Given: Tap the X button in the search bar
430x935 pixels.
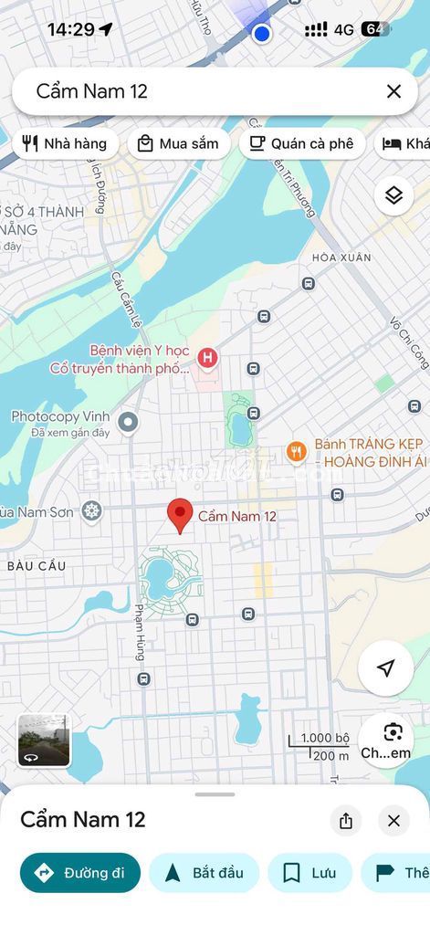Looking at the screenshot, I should (x=393, y=91).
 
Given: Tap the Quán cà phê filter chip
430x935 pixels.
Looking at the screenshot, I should (x=302, y=143).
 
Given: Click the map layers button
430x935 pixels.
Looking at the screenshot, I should (x=393, y=195).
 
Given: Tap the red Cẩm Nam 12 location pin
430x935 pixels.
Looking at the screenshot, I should (x=180, y=515).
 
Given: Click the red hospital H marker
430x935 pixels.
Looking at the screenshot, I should (x=208, y=358).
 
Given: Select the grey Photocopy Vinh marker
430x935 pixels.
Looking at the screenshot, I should (x=128, y=422).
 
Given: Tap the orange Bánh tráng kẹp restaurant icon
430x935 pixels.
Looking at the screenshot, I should (x=296, y=451).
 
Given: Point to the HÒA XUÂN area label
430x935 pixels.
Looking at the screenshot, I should (x=341, y=257).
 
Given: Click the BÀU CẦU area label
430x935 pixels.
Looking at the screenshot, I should (x=37, y=566).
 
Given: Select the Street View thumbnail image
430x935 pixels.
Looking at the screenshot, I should (x=44, y=740).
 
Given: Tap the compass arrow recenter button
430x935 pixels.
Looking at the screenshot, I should (x=385, y=668).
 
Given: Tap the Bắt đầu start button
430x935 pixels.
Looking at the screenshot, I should (x=205, y=873).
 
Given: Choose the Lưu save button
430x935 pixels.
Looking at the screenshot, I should (x=309, y=873).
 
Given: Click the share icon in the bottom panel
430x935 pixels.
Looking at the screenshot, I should (x=345, y=821).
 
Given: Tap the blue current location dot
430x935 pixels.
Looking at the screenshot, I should (x=262, y=34).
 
